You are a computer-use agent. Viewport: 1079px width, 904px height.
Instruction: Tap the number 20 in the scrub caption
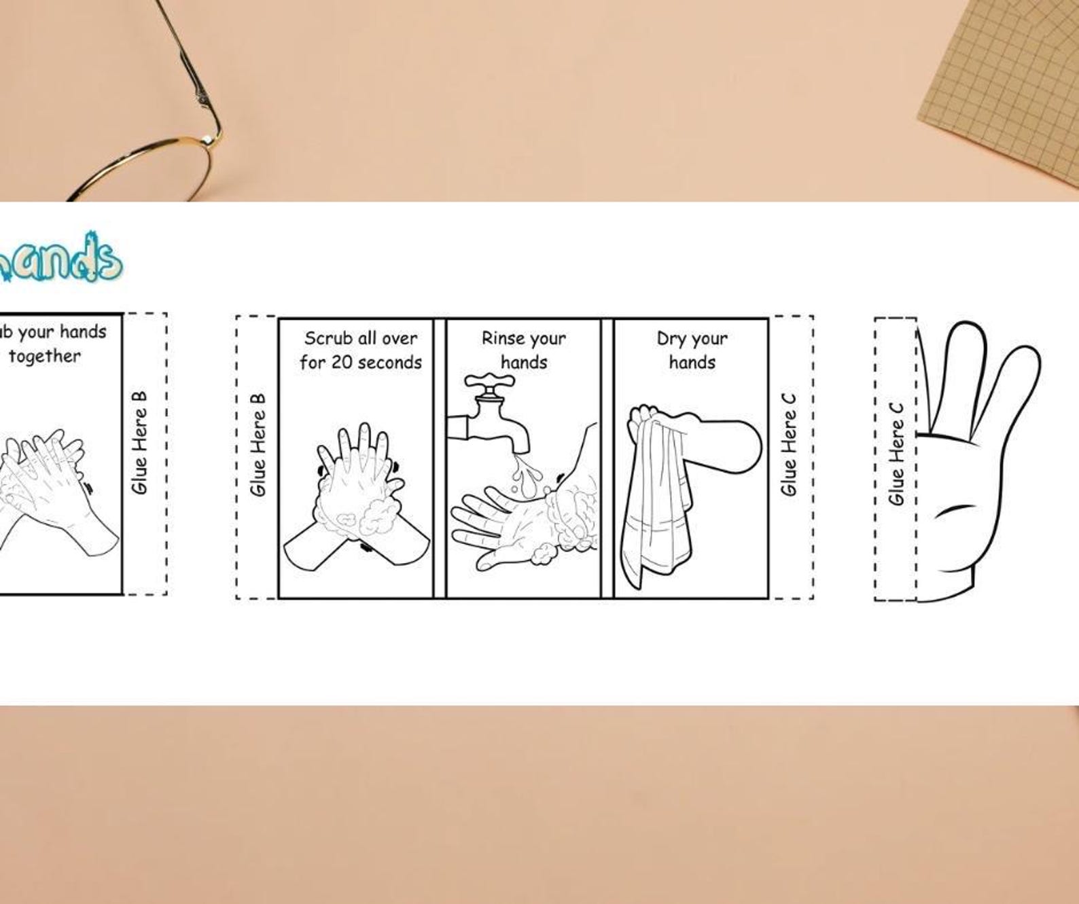click(342, 363)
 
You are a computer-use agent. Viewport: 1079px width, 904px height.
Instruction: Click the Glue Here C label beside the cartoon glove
click(896, 453)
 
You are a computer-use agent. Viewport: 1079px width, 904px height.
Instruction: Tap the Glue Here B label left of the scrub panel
click(258, 445)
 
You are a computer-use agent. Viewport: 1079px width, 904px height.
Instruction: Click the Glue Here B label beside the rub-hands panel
click(139, 443)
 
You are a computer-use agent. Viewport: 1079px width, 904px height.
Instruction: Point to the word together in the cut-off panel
click(45, 356)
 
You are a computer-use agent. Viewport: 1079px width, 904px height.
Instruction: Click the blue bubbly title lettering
click(61, 258)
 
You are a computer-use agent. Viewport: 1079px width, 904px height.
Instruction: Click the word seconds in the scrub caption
click(391, 363)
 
